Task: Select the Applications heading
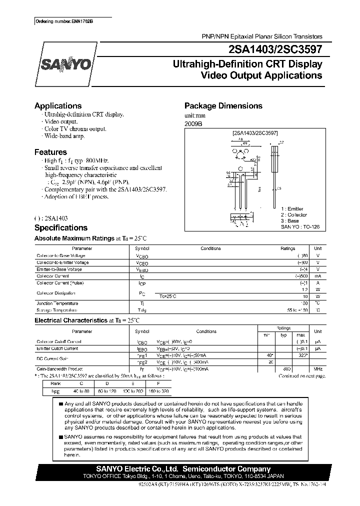tap(57, 106)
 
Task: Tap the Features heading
tap(50, 152)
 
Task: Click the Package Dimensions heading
tap(223, 106)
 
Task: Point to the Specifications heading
tap(60, 227)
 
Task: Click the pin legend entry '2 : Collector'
tap(295, 214)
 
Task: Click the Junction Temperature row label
tap(57, 303)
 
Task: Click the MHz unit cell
tap(317, 369)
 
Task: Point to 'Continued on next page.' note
tap(301, 375)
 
